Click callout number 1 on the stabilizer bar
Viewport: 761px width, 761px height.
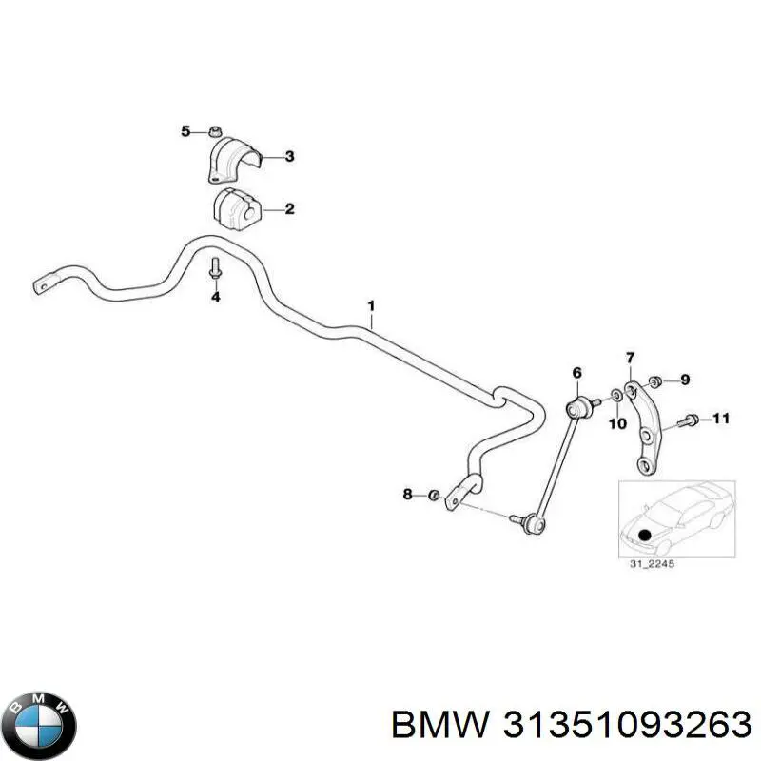tap(372, 305)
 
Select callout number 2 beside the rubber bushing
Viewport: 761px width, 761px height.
tap(289, 209)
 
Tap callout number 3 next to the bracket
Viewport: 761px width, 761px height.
tap(289, 157)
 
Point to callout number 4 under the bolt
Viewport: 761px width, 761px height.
tap(215, 298)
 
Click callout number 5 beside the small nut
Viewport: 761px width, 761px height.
tap(186, 130)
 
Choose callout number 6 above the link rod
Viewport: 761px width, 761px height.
tap(576, 371)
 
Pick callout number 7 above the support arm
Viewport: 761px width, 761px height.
tap(629, 358)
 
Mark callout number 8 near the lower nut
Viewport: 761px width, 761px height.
tap(407, 494)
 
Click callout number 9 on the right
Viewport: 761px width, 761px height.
tap(685, 380)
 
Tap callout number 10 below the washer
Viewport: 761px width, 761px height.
tap(617, 423)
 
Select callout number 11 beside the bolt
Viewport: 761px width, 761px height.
tap(720, 418)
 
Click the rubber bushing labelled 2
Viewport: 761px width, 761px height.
tap(234, 208)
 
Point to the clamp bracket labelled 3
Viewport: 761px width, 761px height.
tap(231, 159)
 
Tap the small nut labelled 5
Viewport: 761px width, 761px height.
tap(216, 130)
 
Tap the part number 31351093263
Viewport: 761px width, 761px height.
tap(571, 726)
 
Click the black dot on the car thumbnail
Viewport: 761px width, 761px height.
tap(647, 535)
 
